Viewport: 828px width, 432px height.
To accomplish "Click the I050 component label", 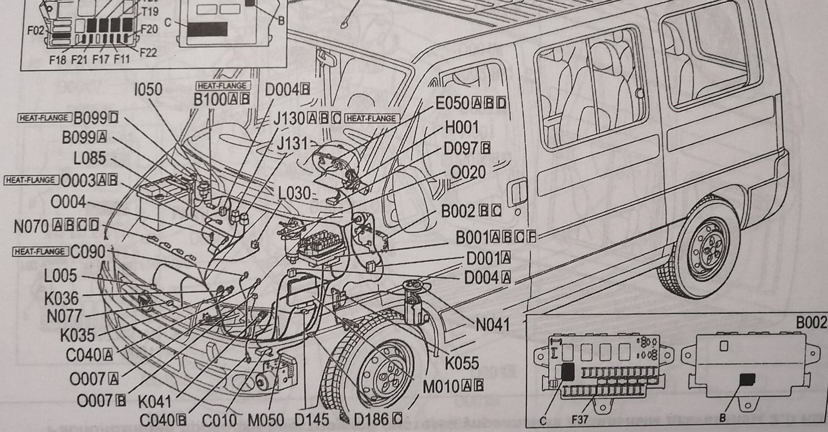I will (x=148, y=89).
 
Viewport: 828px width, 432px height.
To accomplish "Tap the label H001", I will (x=461, y=127).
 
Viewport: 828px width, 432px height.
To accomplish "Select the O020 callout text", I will (x=467, y=173).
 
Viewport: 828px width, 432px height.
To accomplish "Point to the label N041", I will (x=493, y=325).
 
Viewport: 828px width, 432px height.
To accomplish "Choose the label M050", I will (x=265, y=420).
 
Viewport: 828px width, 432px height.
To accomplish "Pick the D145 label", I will (x=312, y=420).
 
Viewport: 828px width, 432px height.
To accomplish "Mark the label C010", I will (x=219, y=420).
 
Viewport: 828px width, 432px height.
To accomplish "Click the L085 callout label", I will (x=90, y=159).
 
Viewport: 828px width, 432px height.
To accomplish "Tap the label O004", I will (x=68, y=202).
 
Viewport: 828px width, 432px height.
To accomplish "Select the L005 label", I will (x=60, y=276).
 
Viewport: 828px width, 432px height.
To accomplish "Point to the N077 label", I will (x=64, y=317).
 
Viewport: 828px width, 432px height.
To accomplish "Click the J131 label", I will (x=292, y=143).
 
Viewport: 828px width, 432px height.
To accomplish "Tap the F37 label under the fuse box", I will (x=580, y=419).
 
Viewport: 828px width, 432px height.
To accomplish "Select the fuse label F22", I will (x=148, y=52).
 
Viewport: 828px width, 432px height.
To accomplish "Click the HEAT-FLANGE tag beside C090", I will (x=40, y=252).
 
